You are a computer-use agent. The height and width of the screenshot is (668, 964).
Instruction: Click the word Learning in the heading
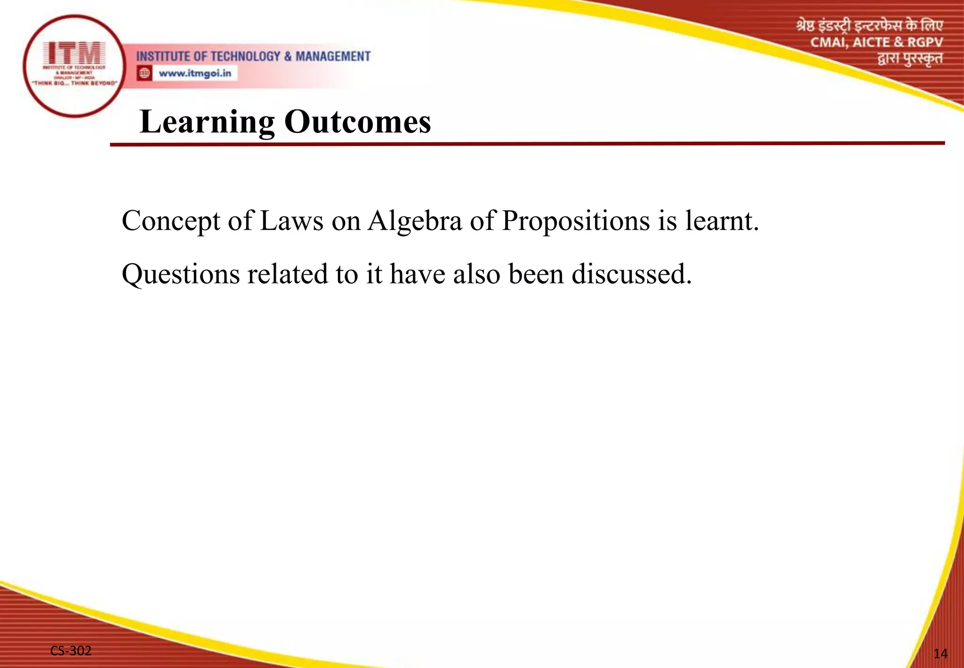(207, 122)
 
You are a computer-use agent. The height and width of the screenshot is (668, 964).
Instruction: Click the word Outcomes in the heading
(357, 122)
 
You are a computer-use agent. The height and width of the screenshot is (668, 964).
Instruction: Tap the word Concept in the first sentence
(171, 220)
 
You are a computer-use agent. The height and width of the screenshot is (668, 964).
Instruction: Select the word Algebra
(415, 220)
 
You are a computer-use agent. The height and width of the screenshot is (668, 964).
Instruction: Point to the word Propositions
(576, 220)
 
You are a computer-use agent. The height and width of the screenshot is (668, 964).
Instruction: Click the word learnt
(722, 220)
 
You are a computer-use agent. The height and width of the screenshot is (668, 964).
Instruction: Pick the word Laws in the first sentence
(291, 220)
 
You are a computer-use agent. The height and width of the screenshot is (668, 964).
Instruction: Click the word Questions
(180, 274)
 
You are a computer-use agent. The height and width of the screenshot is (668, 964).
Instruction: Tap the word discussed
(631, 274)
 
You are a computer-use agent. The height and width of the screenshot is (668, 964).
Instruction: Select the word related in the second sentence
(287, 274)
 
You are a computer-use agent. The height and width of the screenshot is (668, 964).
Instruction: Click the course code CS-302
(71, 651)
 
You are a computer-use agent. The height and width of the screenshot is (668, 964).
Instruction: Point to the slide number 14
(940, 653)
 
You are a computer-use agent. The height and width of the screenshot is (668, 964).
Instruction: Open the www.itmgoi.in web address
(195, 73)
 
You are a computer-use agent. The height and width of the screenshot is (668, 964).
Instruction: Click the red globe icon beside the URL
(145, 73)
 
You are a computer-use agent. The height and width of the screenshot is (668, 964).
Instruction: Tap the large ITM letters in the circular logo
(74, 52)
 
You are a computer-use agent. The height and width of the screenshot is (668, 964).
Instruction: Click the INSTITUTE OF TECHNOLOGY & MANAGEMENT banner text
(253, 57)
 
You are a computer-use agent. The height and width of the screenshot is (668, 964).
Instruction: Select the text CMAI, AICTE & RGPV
(876, 42)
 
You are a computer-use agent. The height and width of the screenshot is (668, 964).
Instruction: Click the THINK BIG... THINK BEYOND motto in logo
(74, 83)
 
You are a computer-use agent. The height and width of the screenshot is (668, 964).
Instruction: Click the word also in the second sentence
(476, 274)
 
